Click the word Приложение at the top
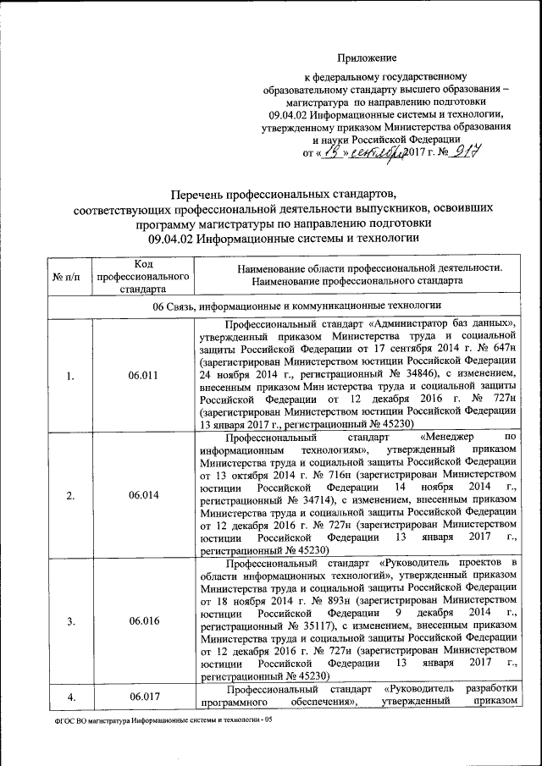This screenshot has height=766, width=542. tap(368, 58)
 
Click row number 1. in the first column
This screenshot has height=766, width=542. tap(69, 375)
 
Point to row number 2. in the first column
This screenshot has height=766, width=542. tap(69, 494)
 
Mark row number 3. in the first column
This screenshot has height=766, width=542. tap(69, 620)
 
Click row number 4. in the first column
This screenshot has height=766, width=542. tap(69, 697)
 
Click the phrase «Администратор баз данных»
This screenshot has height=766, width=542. tap(441, 323)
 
